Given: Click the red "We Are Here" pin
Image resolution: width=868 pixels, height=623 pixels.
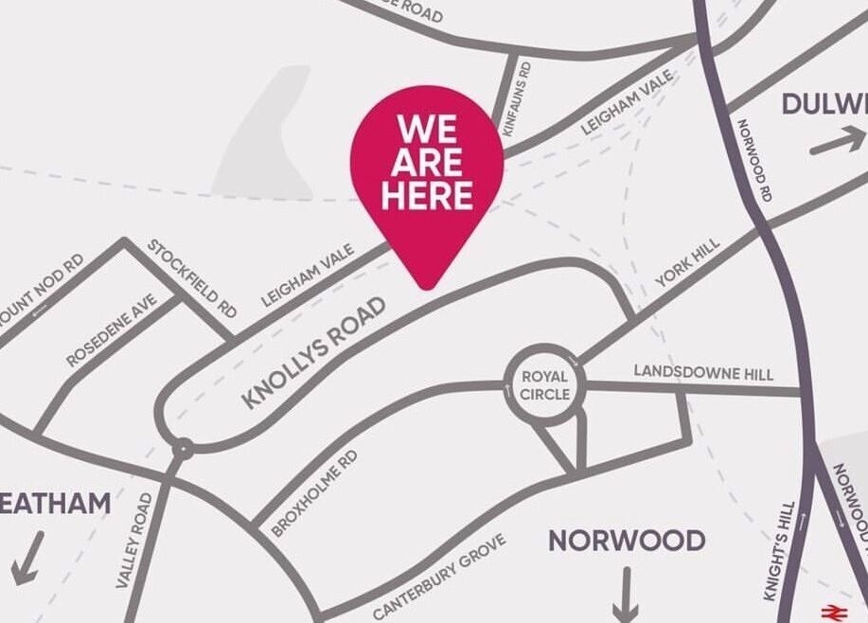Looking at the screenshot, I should coord(427,170).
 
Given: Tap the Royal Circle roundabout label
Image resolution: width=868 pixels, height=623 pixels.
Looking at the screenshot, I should coord(545,385).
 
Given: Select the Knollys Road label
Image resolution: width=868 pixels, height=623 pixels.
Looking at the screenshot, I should coord(314,352).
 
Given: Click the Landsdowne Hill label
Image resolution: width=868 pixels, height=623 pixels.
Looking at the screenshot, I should coord(703,374).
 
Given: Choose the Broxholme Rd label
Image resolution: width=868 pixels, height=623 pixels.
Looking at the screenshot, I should coord(314,493).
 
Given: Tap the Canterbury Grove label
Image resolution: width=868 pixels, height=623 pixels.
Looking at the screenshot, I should coord(440,575).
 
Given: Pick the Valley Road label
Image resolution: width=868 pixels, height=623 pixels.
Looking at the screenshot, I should coord(133,541).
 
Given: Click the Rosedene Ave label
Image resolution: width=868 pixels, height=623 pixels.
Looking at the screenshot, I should coord(112,329).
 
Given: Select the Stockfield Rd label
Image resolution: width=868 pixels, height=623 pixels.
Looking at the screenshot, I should coord(192,277).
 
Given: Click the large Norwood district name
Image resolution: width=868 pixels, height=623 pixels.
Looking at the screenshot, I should coord(627,541).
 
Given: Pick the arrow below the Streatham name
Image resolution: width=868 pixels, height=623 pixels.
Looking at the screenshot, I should coord(27,557).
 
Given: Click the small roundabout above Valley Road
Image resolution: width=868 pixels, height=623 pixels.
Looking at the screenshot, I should coord(182,448).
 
